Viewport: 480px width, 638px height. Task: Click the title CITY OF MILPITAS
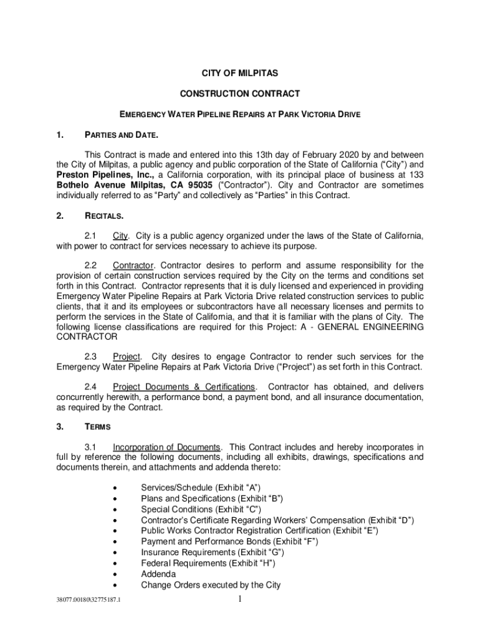(x=240, y=74)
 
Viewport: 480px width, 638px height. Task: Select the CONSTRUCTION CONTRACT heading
(x=240, y=93)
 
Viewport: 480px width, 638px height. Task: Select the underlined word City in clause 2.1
(x=120, y=236)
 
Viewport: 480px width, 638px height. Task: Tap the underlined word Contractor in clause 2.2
(x=133, y=265)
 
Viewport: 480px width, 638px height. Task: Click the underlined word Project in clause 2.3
(x=127, y=356)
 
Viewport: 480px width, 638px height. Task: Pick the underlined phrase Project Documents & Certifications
(x=184, y=386)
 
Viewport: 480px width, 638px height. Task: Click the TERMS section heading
(x=98, y=427)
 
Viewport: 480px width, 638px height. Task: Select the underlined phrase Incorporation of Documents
(x=166, y=447)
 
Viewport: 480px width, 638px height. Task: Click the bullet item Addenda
(x=158, y=574)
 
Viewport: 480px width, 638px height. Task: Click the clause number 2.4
(x=92, y=386)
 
